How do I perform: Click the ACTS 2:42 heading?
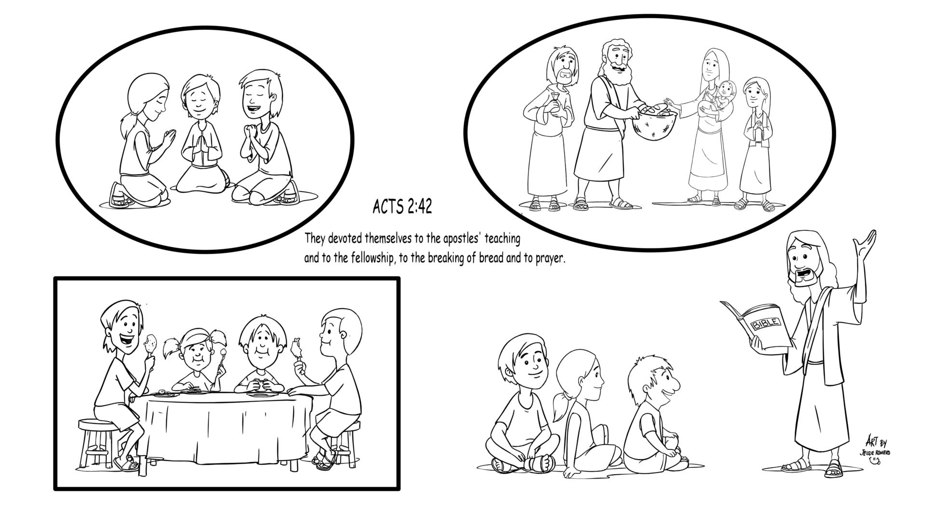(x=402, y=207)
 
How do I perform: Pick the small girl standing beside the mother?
(x=756, y=144)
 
